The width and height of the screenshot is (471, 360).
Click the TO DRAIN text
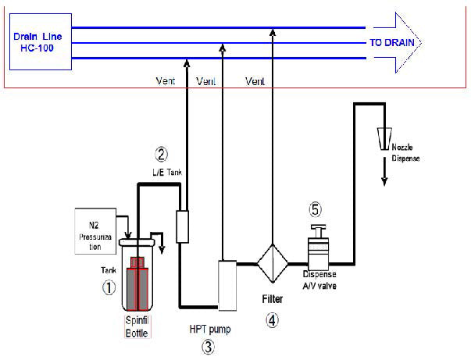pos(392,43)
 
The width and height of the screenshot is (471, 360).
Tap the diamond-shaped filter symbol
pos(273,264)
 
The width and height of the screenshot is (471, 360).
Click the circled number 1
pos(109,287)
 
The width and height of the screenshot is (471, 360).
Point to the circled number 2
pos(162,155)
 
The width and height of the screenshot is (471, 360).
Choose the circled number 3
pos(209,347)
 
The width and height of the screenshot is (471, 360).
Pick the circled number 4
pos(272,320)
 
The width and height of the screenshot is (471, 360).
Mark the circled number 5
pos(315,209)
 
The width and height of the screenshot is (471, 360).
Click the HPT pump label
pos(210,330)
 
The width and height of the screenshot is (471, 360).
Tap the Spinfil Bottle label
pos(137,326)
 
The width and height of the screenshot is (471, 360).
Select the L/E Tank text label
pos(167,173)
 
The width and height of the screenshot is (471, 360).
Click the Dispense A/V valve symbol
pos(319,248)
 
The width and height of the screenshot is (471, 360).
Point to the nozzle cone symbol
pos(384,139)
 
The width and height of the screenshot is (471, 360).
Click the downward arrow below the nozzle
pos(384,172)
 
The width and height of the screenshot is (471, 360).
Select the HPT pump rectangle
pos(227,285)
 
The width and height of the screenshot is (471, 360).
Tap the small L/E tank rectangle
pos(182,226)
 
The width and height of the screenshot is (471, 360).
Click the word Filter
pos(273,299)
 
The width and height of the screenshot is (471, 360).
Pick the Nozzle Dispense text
pos(405,153)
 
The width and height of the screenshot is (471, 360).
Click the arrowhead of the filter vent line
pos(273,32)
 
